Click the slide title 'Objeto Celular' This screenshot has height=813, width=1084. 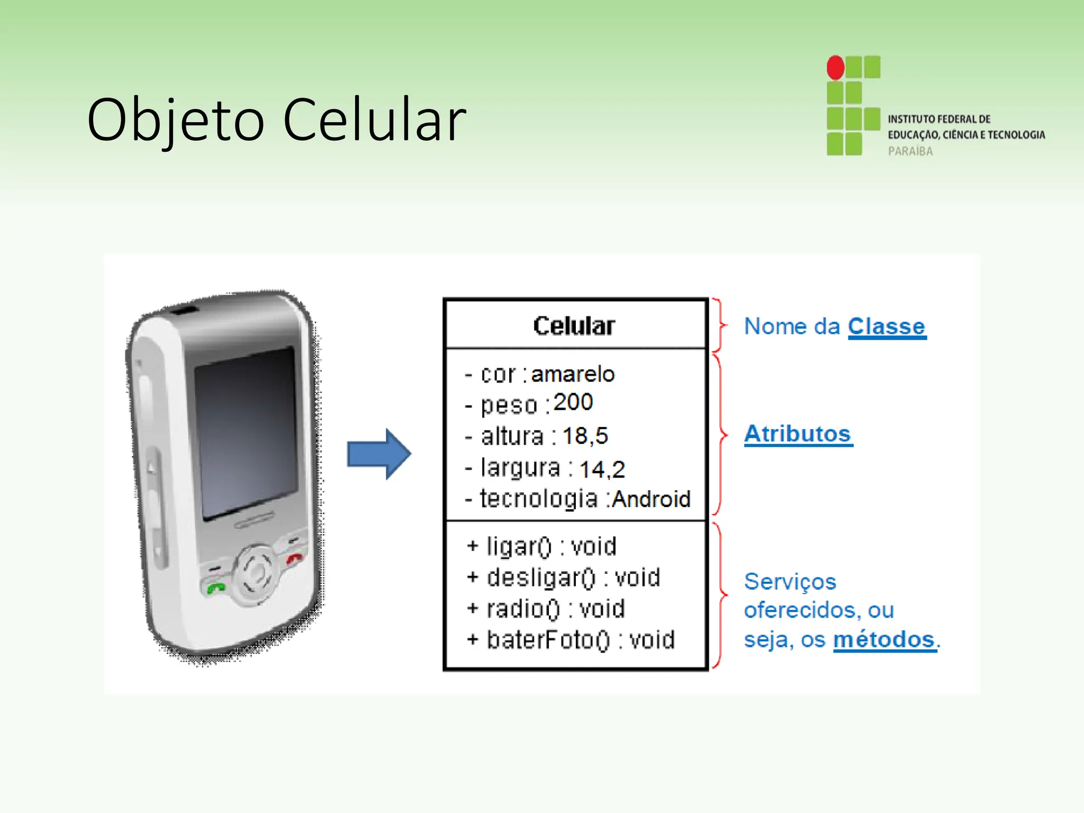coord(276,121)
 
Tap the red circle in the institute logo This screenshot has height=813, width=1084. coord(836,68)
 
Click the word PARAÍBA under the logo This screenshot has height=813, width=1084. coord(910,151)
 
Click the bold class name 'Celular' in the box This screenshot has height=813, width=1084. coord(574,326)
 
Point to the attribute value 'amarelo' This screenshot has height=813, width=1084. coord(573,374)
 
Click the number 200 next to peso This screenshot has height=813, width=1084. coord(573,402)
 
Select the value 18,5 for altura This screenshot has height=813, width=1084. coord(585,436)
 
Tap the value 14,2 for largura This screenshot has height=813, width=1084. coord(602,469)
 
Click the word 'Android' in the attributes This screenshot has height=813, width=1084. coord(651,499)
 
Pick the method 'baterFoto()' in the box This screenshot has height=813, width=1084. coord(548,640)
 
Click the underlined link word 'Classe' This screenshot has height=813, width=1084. coord(887,327)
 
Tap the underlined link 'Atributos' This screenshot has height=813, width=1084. coord(798,434)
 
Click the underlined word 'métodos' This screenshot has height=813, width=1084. coord(884,640)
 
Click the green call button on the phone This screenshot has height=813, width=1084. coord(216,588)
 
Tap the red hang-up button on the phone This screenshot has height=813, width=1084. coord(294,558)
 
